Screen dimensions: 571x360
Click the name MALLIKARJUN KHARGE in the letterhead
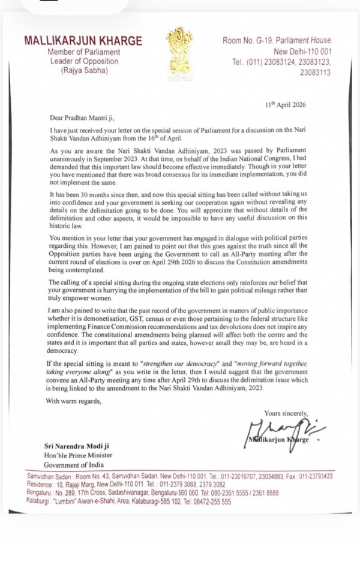click(x=83, y=41)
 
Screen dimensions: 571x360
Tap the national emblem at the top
click(x=178, y=50)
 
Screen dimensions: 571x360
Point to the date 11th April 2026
click(x=286, y=104)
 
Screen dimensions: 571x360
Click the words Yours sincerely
click(x=286, y=413)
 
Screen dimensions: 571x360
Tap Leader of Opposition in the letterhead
click(x=85, y=62)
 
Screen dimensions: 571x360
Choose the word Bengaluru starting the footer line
click(x=40, y=493)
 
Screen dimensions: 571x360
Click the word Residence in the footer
click(x=40, y=484)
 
